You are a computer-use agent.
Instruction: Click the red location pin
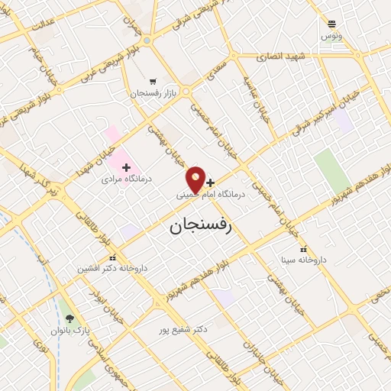(195, 180)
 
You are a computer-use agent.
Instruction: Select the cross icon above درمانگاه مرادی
(126, 167)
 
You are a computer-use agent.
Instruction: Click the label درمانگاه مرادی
(128, 179)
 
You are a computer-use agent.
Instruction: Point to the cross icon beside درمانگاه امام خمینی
(211, 183)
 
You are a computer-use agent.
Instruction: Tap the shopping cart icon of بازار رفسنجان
(153, 81)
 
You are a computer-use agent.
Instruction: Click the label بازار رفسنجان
(153, 92)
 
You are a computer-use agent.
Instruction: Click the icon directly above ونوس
(331, 24)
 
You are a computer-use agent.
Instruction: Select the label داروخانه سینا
(303, 260)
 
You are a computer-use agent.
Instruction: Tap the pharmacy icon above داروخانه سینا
(303, 249)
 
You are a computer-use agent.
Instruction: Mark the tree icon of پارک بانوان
(70, 319)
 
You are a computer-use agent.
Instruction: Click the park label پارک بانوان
(70, 331)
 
